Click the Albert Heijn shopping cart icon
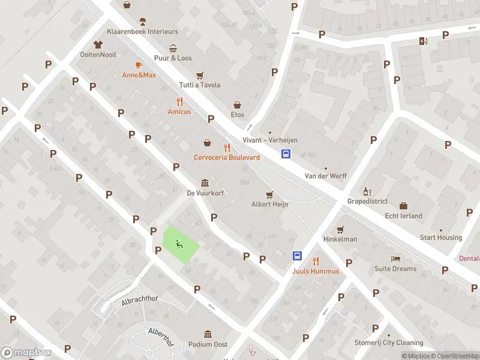click(x=269, y=194)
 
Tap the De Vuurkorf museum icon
click(x=205, y=183)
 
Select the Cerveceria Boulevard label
click(x=227, y=157)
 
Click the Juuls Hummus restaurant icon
click(x=316, y=260)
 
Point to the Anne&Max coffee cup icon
click(x=139, y=65)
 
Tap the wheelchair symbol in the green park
click(x=179, y=244)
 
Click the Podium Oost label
click(x=208, y=344)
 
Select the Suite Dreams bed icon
click(x=395, y=259)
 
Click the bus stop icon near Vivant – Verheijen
click(x=286, y=154)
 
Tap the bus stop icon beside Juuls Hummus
click(x=297, y=256)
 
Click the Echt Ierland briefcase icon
click(x=403, y=206)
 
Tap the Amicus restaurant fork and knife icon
click(x=179, y=101)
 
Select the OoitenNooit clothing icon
click(x=98, y=44)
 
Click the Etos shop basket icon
click(x=238, y=104)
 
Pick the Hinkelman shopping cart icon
click(x=340, y=229)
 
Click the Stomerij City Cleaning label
click(x=388, y=343)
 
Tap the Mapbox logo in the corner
click(x=26, y=353)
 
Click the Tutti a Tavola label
click(x=200, y=85)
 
